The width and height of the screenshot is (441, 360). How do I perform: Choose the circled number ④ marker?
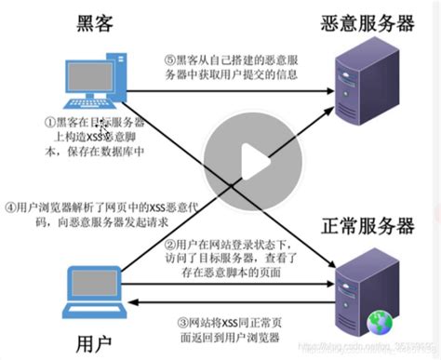point(9,207)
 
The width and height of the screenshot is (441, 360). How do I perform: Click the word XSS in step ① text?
point(93,135)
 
